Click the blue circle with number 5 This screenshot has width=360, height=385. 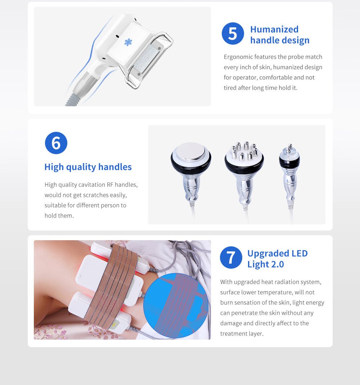233,33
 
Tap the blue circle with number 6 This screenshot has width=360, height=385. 56,143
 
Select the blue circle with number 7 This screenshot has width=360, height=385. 231,258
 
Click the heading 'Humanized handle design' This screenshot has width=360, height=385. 279,35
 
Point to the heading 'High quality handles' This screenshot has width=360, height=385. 88,167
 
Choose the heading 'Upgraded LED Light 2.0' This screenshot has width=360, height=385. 277,259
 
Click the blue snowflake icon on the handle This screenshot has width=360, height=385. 128,42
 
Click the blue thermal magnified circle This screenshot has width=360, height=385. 176,305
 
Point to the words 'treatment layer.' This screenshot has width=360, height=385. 242,334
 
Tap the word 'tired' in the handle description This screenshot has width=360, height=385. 230,88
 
